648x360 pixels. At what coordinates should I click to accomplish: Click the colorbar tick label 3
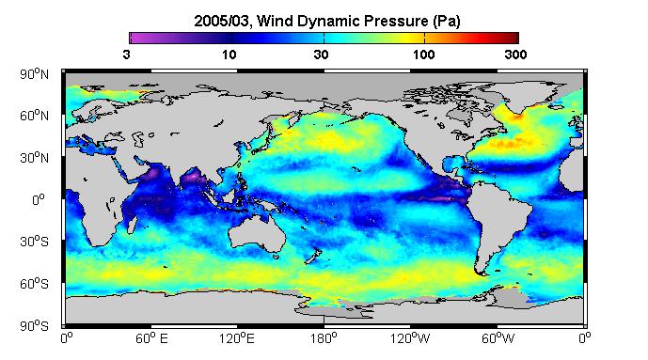click(126, 55)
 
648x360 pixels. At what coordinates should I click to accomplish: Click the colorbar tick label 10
click(229, 55)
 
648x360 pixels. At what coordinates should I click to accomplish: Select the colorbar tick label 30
click(321, 55)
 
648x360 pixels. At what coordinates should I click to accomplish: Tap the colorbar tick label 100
click(423, 55)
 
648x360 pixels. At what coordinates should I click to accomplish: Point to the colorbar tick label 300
click(515, 55)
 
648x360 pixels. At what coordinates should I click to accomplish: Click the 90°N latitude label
click(34, 74)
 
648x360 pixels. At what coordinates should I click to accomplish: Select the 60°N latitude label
click(34, 116)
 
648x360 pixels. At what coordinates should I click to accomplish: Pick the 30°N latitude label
click(34, 158)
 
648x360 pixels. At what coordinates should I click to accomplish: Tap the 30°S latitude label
click(34, 242)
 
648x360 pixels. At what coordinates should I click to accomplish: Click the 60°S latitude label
click(34, 284)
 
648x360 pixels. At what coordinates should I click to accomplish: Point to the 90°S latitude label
click(34, 326)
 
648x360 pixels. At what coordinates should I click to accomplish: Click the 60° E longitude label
click(151, 338)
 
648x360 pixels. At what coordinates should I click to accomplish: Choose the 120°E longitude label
click(237, 338)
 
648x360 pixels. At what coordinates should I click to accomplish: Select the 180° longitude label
click(324, 338)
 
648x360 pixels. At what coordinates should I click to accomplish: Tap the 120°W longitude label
click(410, 338)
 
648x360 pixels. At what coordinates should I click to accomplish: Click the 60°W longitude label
click(498, 338)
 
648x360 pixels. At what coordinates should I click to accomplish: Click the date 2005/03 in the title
click(222, 21)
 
